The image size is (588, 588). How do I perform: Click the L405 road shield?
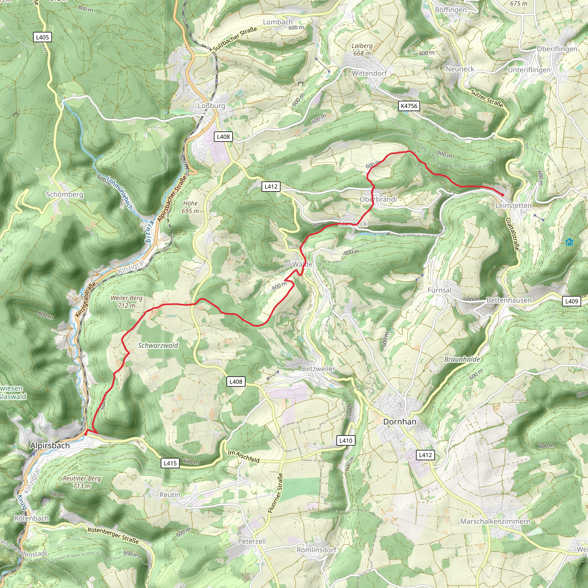coord(42,37)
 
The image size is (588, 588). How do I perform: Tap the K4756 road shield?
coord(409,106)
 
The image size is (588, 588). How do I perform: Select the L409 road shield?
coord(571,301)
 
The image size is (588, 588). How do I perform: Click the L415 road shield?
coord(170,463)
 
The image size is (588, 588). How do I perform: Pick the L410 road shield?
coord(346,440)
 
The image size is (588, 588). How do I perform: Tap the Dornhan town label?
coord(400,422)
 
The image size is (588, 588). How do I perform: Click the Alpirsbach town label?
coord(50,446)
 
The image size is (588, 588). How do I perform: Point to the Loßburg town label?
coord(212,106)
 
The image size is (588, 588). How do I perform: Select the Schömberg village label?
coord(65,194)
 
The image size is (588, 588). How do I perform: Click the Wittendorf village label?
coord(369,73)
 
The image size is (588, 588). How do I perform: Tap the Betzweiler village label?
coord(318,369)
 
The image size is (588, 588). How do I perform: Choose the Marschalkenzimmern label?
coord(495,521)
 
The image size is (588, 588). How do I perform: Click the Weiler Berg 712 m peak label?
coord(127,302)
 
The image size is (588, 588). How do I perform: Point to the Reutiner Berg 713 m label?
coord(82,482)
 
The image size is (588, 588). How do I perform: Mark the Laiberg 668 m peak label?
coord(362,49)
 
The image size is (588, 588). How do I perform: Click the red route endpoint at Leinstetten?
coord(502,195)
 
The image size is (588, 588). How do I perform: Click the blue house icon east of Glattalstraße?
coord(569,242)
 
